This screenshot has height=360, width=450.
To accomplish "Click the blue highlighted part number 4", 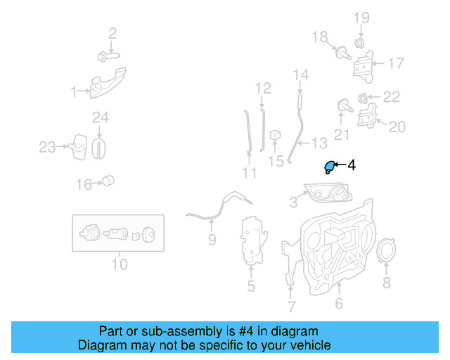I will point(328,167).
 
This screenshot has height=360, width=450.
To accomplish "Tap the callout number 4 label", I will point(351,166).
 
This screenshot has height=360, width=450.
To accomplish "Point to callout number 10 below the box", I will point(119,264).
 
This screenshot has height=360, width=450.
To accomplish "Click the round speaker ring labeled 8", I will point(385,252).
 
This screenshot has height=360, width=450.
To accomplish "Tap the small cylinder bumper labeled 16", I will point(108,181).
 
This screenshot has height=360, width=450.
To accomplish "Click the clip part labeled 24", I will point(100,146).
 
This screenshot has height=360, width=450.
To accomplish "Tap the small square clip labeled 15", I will point(276,134).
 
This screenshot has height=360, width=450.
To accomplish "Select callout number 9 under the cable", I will point(212,240).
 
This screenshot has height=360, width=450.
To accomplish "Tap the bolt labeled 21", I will point(345,107).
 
